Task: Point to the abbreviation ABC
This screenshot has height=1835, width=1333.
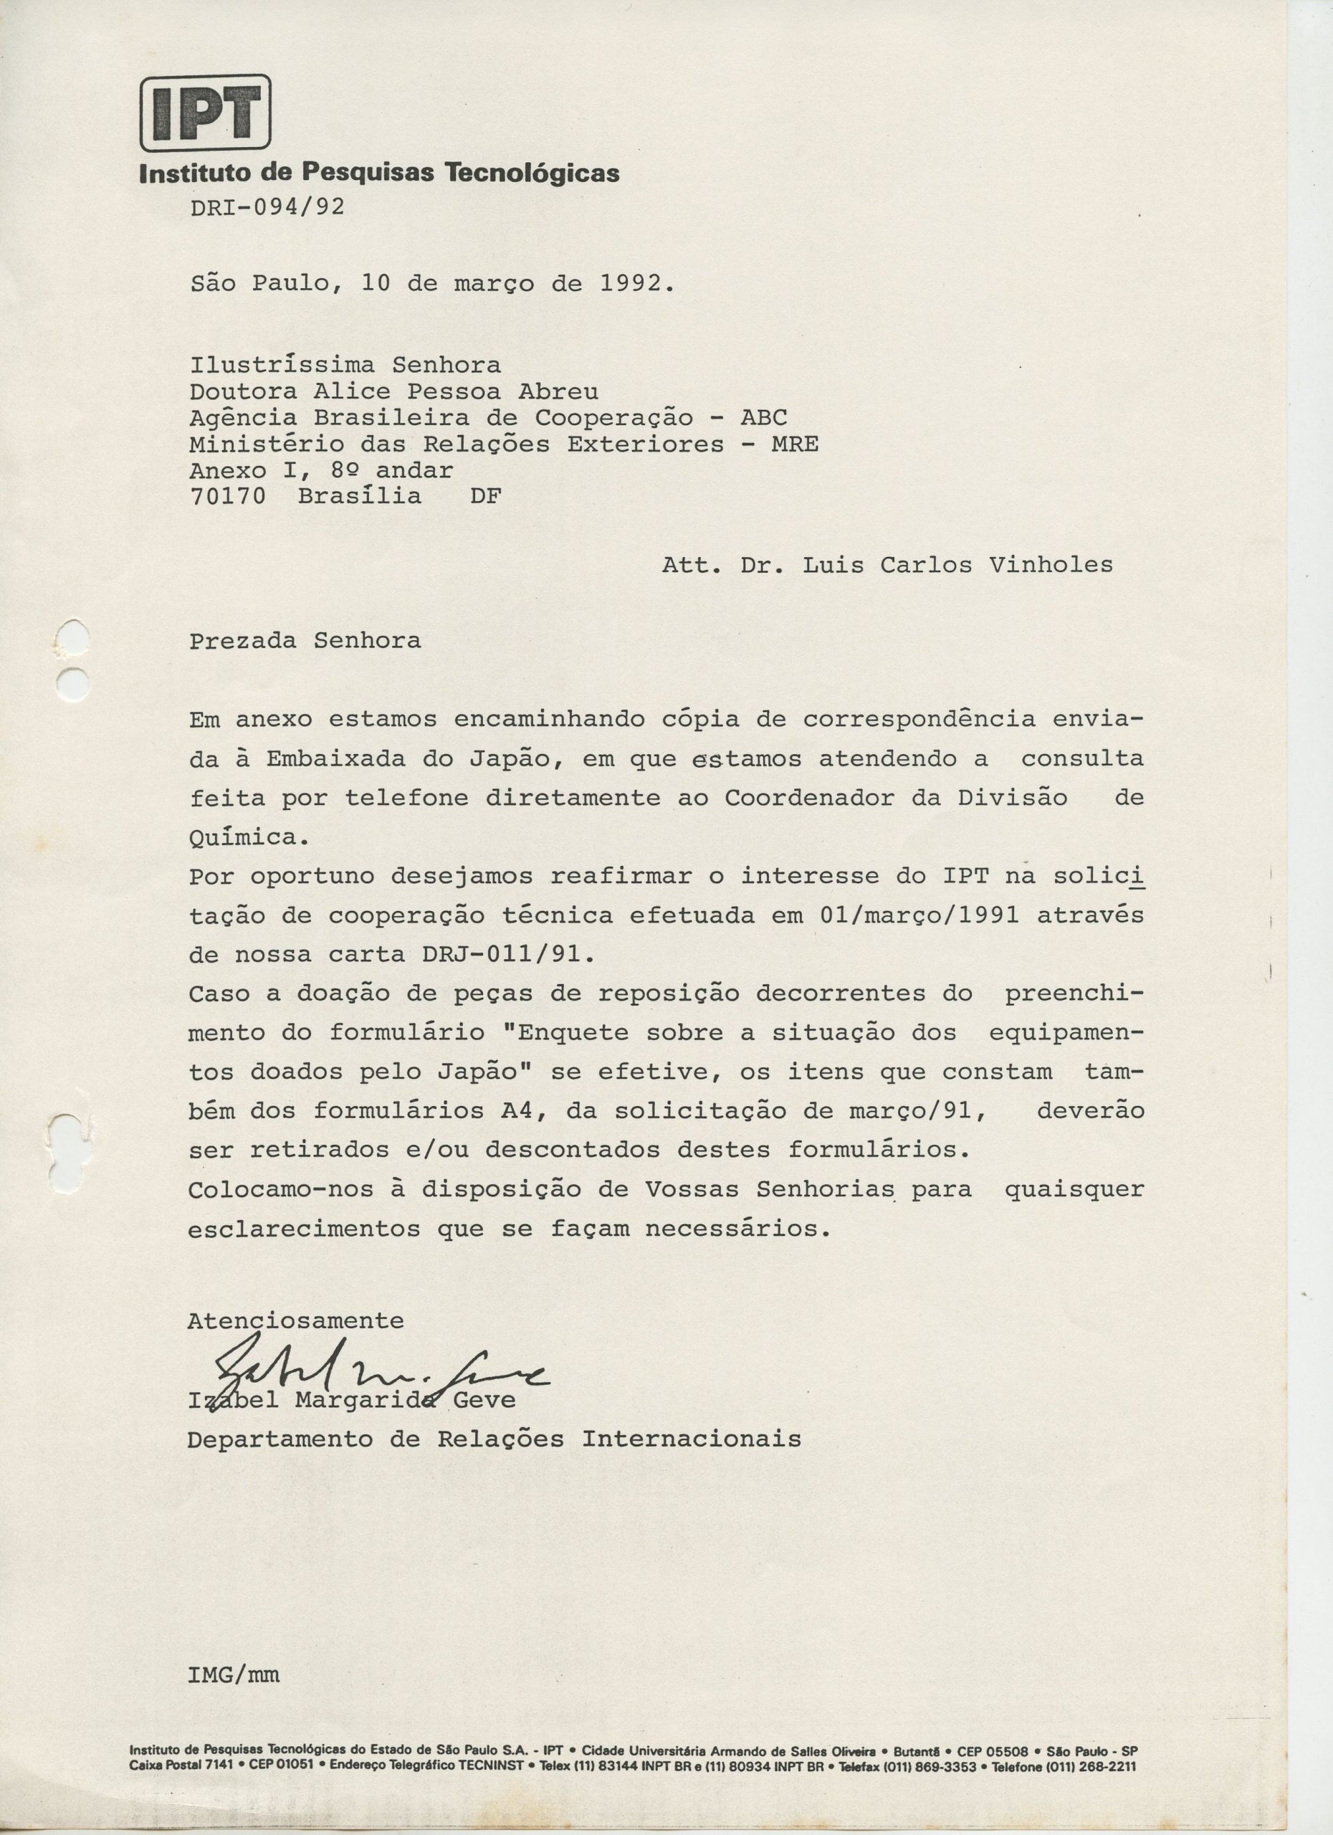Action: click(x=763, y=419)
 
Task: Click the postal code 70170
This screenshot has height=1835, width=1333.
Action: click(x=227, y=496)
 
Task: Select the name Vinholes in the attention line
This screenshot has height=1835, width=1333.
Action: click(x=1050, y=565)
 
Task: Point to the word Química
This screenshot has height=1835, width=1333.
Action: click(x=243, y=837)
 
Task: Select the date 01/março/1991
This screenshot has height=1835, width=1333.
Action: click(x=919, y=915)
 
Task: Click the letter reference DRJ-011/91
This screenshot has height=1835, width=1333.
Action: click(x=501, y=955)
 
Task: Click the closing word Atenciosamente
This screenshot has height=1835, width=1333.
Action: click(x=295, y=1321)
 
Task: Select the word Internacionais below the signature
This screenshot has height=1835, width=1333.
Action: click(x=692, y=1439)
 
